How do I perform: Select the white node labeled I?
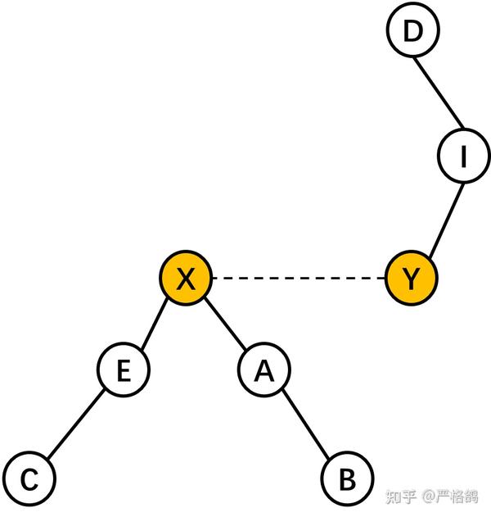tap(463, 156)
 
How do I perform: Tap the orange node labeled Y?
tap(412, 279)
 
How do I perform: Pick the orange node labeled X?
tap(186, 279)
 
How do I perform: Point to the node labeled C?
tap(29, 479)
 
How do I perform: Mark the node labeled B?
tap(347, 479)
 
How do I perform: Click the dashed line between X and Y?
tap(299, 279)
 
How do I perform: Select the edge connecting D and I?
tap(439, 93)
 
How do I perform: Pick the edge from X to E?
tap(155, 324)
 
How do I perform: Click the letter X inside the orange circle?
tap(186, 279)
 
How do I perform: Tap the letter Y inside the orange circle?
tap(412, 279)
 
